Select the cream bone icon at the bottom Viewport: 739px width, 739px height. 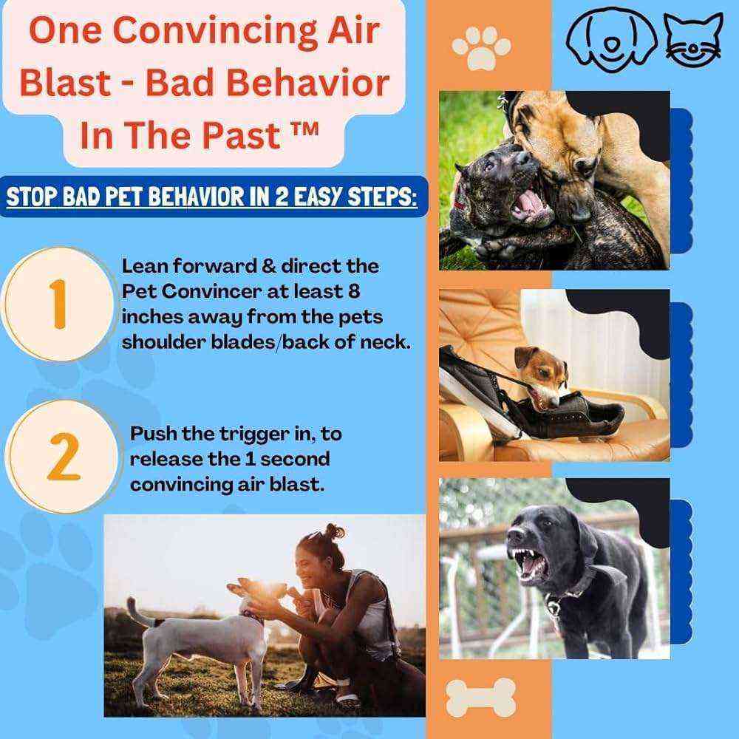(481, 697)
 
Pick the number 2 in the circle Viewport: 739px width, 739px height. (62, 456)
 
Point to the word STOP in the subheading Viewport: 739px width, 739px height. (36, 198)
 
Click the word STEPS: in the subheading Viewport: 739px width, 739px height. (374, 198)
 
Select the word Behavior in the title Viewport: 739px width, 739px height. (315, 84)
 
